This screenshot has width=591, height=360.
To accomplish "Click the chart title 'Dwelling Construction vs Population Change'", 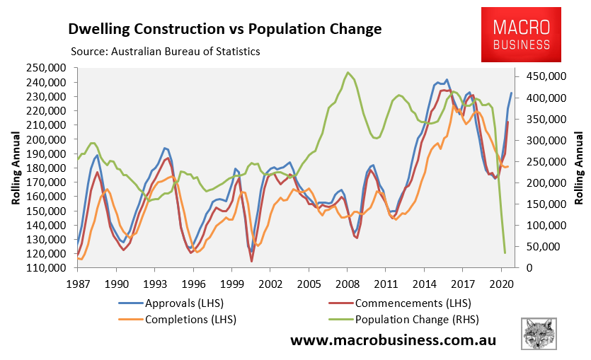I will (224, 29).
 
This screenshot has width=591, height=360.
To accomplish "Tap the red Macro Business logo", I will (522, 35).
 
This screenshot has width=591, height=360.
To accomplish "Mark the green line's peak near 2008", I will (348, 72).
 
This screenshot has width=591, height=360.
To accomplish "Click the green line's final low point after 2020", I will (505, 252).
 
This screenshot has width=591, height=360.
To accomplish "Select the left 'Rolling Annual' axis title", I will (16, 168).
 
